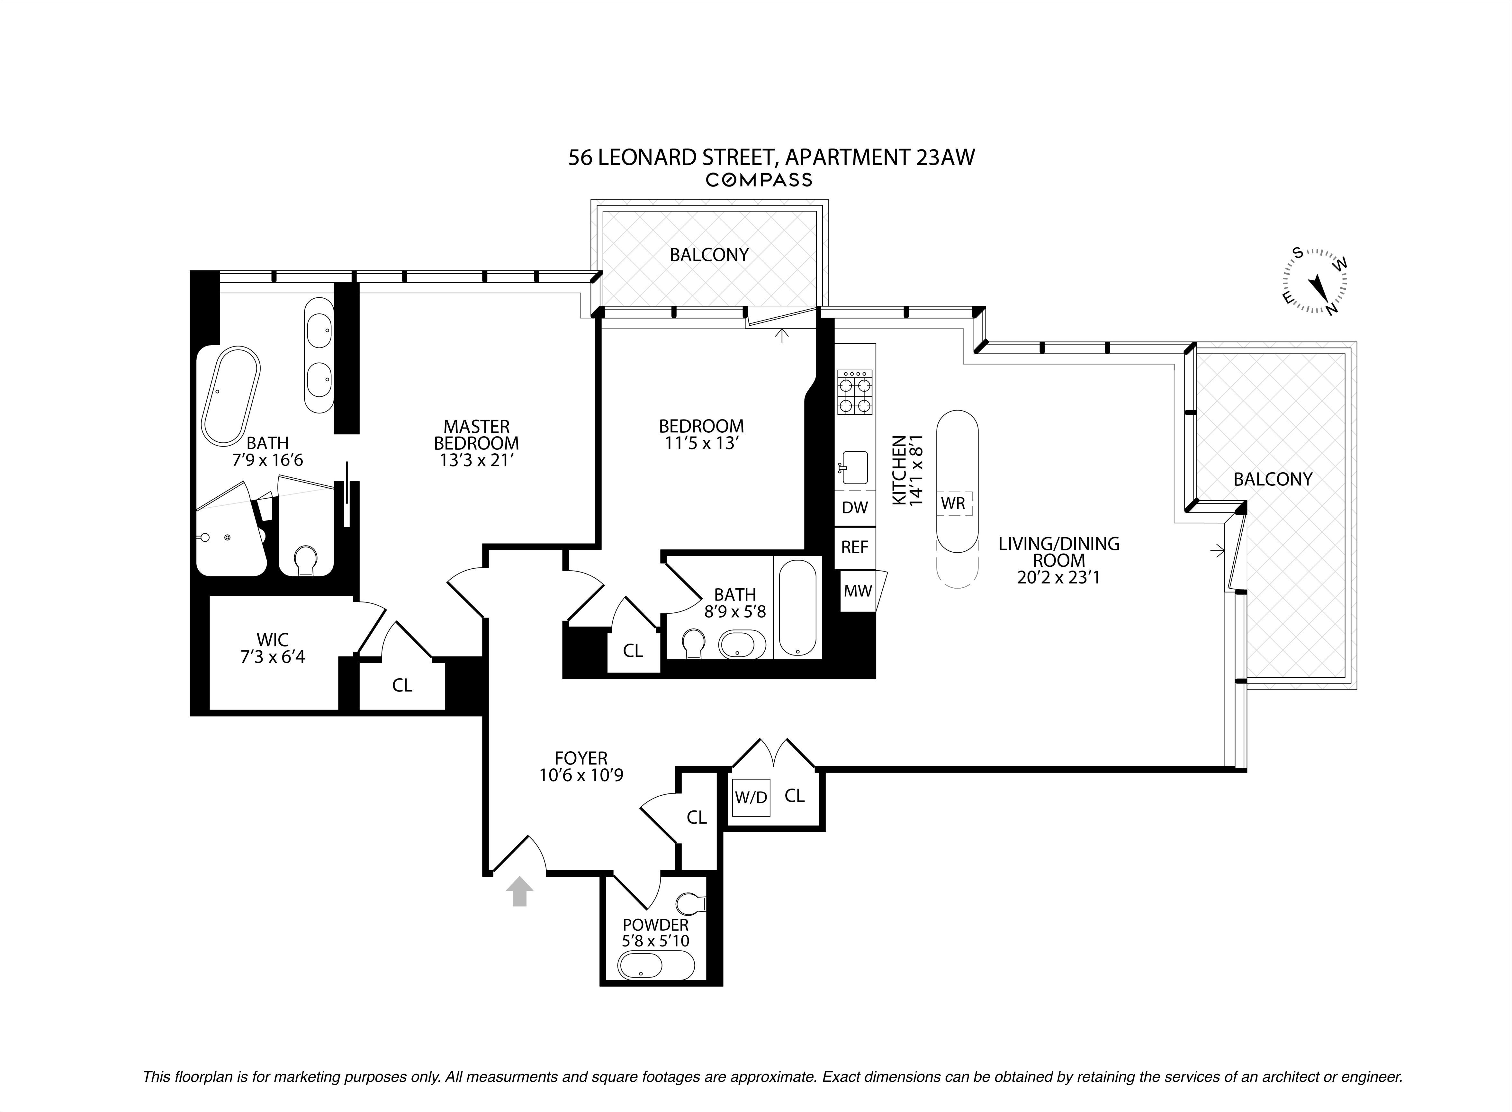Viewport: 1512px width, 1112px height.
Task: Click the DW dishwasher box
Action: click(855, 508)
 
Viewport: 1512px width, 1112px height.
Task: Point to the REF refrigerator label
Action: click(855, 547)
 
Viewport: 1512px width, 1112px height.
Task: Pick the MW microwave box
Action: click(857, 591)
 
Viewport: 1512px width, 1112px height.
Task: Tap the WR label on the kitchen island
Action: click(953, 503)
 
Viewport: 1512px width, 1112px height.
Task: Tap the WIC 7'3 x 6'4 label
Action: click(273, 648)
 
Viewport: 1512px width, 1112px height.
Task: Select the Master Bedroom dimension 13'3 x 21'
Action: click(476, 460)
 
